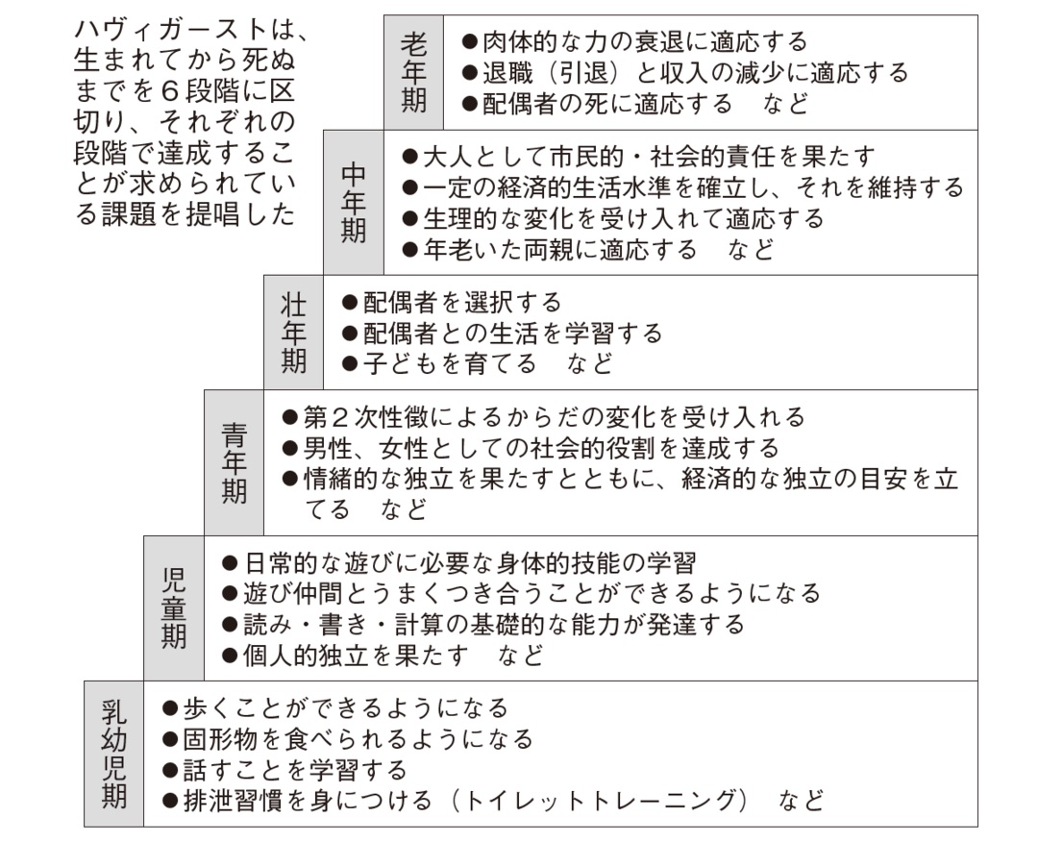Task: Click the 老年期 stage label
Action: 413,72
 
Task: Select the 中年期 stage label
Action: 354,203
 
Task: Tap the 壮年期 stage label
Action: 294,333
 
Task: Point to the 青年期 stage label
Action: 234,462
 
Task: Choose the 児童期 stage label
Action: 174,607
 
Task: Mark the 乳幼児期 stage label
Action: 114,754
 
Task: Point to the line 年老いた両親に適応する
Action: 558,249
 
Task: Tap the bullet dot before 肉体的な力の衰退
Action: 470,42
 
